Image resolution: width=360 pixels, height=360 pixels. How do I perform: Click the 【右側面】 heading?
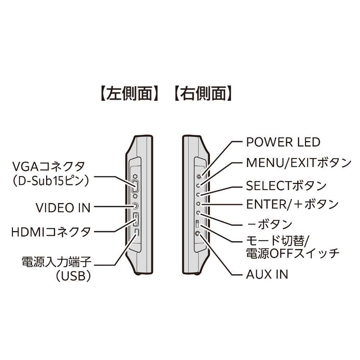click(202, 95)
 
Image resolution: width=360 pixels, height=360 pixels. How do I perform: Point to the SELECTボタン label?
click(286, 186)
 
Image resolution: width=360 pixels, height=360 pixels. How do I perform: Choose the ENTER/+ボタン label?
click(292, 204)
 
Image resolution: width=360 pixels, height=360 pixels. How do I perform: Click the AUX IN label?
click(267, 274)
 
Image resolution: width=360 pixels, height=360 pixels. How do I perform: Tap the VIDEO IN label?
click(63, 207)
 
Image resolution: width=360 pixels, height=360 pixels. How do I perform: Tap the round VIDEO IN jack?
click(135, 207)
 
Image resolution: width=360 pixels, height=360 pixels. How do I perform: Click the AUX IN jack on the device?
click(198, 233)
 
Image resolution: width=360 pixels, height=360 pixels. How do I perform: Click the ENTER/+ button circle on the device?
click(198, 204)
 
